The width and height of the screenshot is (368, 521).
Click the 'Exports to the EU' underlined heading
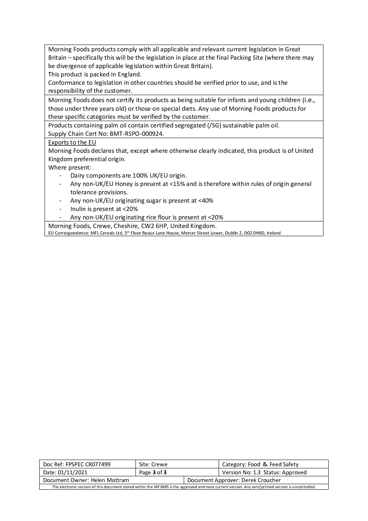point(72,143)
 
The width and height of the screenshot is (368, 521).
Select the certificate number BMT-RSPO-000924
point(137,134)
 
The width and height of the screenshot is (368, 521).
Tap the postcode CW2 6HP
point(154,226)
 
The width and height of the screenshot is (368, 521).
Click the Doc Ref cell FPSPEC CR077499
point(88,464)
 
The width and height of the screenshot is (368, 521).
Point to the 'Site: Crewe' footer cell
point(153,464)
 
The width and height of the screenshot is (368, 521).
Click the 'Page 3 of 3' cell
point(153,472)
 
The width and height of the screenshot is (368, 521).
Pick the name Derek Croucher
point(261,480)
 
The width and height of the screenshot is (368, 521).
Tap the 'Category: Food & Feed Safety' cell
point(260,464)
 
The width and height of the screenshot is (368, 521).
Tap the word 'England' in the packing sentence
point(129,75)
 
